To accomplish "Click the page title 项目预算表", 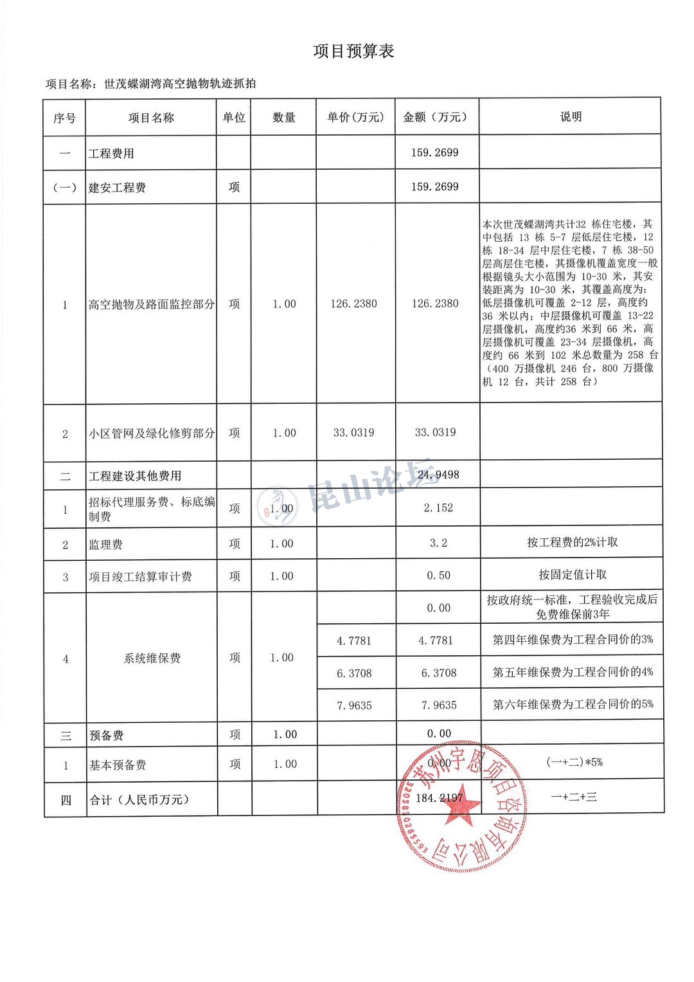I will pos(353,51).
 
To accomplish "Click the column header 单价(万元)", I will pos(355,117).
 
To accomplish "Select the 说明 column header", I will pos(571,116).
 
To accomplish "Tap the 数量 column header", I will pos(283,117).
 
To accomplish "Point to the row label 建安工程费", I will pos(117,188).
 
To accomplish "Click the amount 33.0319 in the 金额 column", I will pos(435,432).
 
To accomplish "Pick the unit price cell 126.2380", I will pos(353,304).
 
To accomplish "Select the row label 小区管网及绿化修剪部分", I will pos(152,433).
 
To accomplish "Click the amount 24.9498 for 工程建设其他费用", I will pos(438,475).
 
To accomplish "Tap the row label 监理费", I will pos(105,545).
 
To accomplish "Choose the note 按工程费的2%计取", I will pos(572,542).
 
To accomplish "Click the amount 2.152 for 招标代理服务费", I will pos(438,508).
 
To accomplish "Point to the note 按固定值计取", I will pos(572,574).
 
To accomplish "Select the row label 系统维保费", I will pos(152,658).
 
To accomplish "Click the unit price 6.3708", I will pos(354,673).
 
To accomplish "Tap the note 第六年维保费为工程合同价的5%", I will pos(573,704).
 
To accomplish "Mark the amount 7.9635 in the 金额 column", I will pos(439,705).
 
